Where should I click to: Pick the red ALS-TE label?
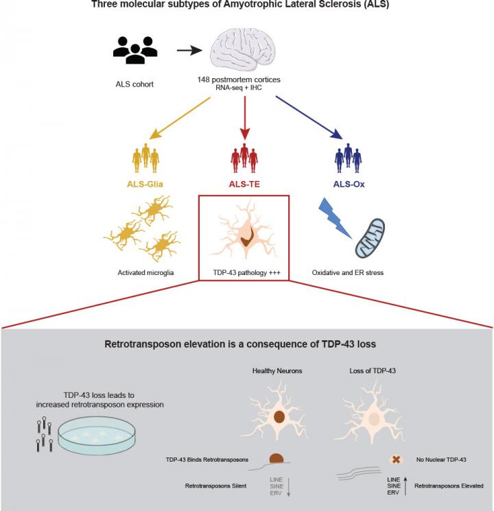(245, 184)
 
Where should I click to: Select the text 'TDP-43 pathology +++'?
(244, 272)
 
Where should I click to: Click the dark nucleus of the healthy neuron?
(279, 416)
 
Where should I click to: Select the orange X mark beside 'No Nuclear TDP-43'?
(376, 460)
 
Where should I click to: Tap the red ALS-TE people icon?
(245, 158)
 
